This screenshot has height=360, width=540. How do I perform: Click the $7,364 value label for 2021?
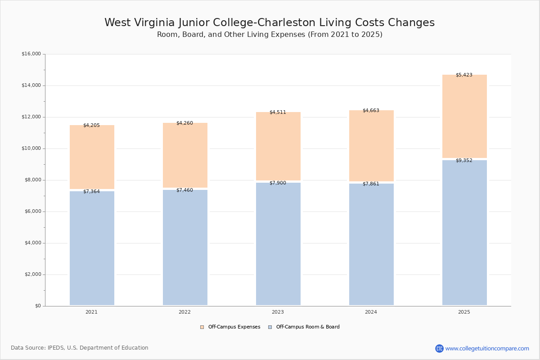pos(91,192)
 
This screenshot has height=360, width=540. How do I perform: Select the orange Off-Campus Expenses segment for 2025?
pos(464,117)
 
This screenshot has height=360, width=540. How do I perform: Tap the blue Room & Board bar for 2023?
pos(278,245)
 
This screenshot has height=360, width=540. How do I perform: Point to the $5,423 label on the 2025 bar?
pos(464,75)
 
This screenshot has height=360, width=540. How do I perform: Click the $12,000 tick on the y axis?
pos(31,117)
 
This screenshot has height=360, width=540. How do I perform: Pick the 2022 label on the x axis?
pos(184,312)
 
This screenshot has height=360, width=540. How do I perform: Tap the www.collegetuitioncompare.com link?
pos(487,348)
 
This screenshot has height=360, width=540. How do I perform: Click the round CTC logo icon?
pos(439,348)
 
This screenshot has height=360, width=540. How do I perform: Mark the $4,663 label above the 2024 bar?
pos(371,111)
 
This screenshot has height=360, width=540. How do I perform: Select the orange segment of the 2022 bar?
pos(185,156)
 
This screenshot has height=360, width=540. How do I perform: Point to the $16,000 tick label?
pos(31,54)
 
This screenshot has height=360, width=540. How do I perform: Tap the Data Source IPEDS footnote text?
pos(80,348)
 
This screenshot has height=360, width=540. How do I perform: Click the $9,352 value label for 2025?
pos(464,161)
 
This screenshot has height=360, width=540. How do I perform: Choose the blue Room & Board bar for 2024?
pos(371,245)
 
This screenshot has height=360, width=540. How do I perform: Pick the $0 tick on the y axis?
pos(37,306)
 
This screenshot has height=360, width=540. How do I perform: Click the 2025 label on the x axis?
pos(464,312)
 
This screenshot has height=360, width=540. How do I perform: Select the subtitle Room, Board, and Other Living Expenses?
pos(270,35)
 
